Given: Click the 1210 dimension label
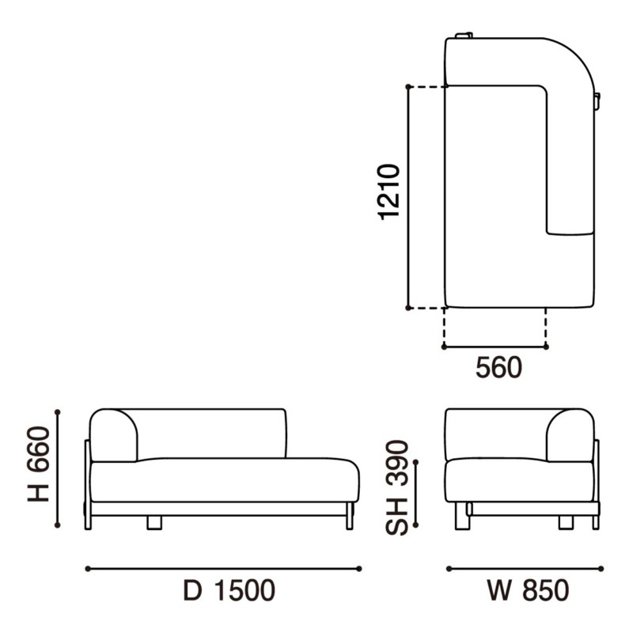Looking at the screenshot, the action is pos(389,192).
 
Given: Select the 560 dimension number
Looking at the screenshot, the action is pos(498,368).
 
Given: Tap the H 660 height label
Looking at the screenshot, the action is pos(38,464).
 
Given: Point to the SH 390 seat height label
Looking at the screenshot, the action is pos(397,487).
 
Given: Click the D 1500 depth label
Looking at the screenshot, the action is pos(229,590).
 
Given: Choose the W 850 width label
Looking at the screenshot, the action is pos(529,590).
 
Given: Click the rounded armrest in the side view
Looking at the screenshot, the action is pos(113,435).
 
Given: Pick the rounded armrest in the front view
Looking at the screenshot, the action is pos(570,435).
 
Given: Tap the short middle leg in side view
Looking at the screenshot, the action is pos(154,522).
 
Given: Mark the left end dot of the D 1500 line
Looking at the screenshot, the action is pos(88,569).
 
